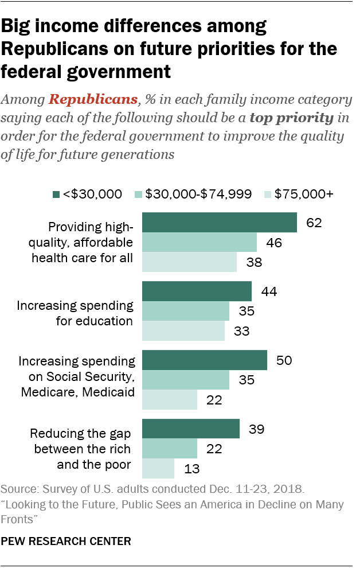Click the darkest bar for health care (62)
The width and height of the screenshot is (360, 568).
tap(219, 223)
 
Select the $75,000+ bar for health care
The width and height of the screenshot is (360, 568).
tap(189, 262)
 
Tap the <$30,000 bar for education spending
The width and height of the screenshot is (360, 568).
tap(197, 291)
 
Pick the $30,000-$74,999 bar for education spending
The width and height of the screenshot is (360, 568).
tap(185, 312)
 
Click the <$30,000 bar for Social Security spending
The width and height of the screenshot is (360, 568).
tap(204, 360)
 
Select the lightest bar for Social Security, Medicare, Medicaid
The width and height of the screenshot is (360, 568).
tap(169, 399)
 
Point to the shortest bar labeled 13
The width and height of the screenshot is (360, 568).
tap(158, 468)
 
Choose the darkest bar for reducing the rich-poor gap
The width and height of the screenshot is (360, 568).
tap(190, 429)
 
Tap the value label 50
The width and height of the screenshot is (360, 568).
tap(284, 360)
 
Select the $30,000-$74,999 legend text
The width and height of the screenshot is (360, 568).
tap(198, 194)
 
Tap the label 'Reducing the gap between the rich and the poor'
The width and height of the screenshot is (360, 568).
tap(80, 449)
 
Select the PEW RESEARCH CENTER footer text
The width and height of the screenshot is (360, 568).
tap(66, 540)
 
